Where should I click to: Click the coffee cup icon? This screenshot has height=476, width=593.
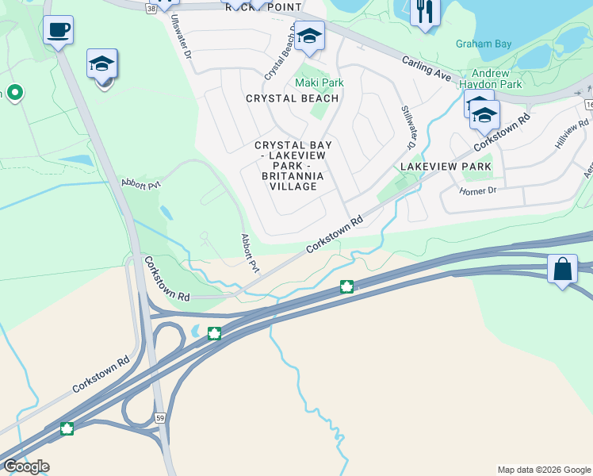tap(58, 30)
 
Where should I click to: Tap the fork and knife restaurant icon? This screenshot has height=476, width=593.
tap(425, 11)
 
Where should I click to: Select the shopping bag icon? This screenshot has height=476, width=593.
tap(562, 269)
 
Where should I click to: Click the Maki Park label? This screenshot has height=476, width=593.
tap(319, 83)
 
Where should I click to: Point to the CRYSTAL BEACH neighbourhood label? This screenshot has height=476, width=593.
tap(292, 98)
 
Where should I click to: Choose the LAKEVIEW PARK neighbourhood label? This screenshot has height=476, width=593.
tap(446, 167)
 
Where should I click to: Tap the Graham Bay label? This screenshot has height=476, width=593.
tap(484, 44)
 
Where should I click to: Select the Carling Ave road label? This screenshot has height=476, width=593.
tap(427, 68)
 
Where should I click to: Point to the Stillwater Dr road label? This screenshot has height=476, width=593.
tap(407, 127)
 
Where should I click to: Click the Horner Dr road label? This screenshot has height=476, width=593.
tap(477, 190)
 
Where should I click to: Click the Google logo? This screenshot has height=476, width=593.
tap(26, 466)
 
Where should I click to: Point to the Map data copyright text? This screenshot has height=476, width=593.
tap(543, 470)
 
